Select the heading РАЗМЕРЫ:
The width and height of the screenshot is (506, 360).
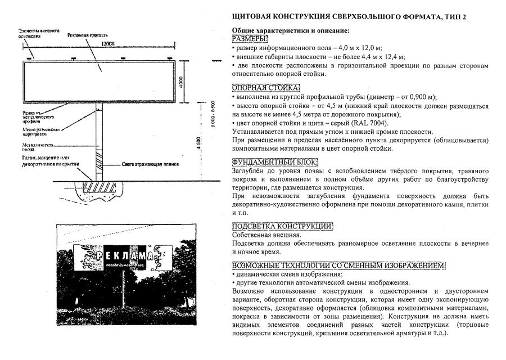[250, 38]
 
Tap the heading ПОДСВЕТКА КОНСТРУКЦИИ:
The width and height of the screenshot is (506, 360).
[282, 226]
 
